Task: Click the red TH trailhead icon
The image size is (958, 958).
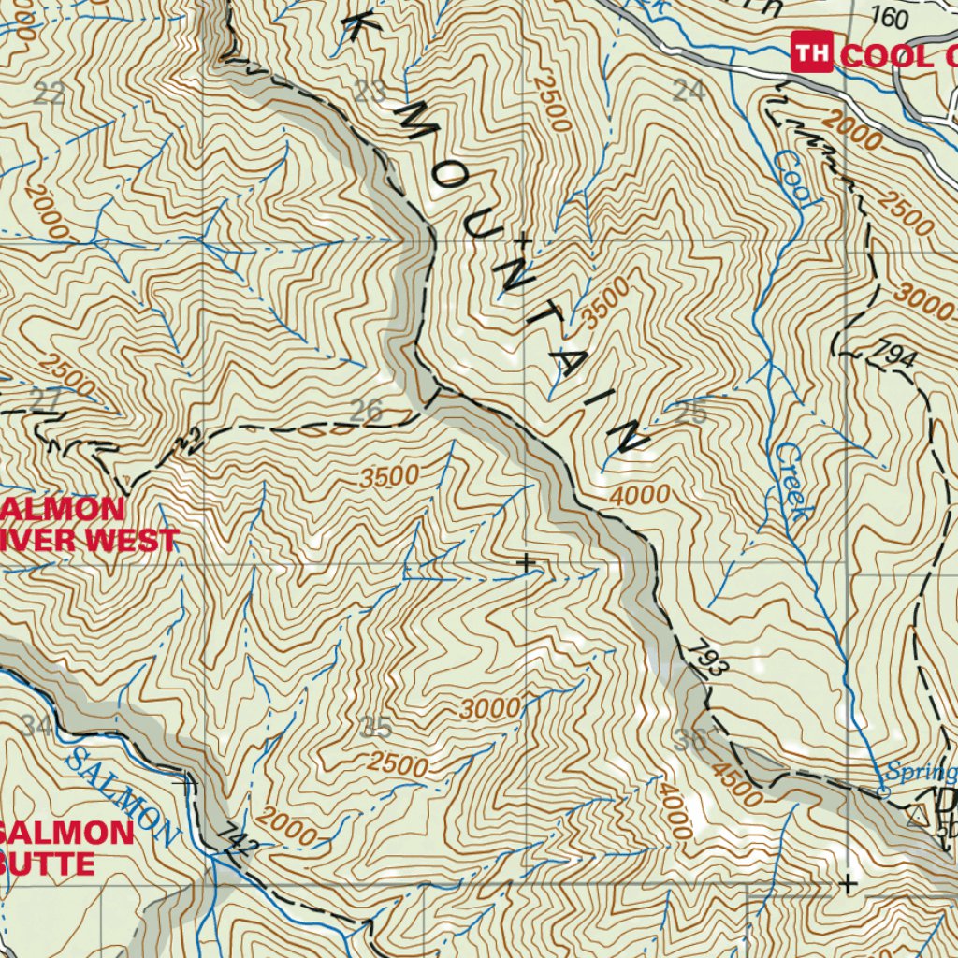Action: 811,52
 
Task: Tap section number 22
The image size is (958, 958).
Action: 49,93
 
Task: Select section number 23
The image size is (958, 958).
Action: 370,91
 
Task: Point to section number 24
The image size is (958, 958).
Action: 689,91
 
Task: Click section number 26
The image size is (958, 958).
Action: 366,410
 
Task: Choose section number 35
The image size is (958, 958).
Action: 375,727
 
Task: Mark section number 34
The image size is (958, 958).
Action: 37,725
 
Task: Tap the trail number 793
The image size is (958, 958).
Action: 710,658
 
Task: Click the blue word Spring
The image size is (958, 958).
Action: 921,773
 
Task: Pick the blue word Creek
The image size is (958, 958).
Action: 791,481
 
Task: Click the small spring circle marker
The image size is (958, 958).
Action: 882,793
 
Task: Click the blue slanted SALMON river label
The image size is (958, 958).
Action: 120,796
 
